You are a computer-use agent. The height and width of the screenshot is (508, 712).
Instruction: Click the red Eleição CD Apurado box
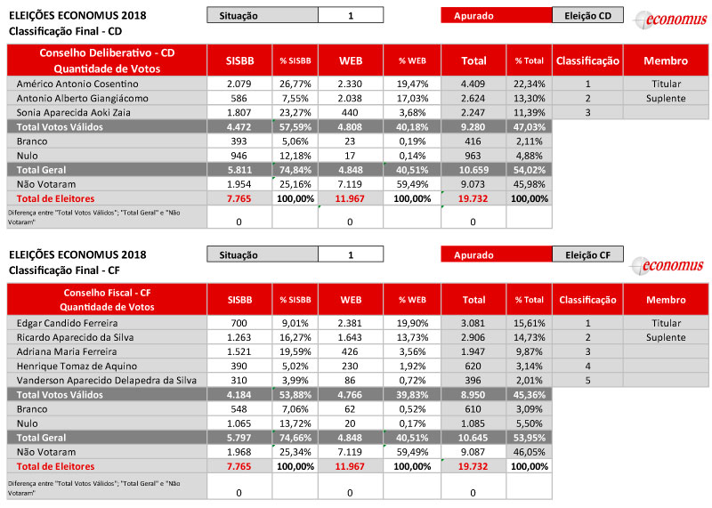(496, 15)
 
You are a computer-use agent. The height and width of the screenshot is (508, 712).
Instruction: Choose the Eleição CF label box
(587, 255)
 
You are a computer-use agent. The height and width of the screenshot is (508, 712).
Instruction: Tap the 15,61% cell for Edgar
(529, 323)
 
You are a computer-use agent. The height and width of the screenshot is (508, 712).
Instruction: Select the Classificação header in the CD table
(587, 60)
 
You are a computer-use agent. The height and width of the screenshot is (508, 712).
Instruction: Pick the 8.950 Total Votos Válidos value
(473, 394)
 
